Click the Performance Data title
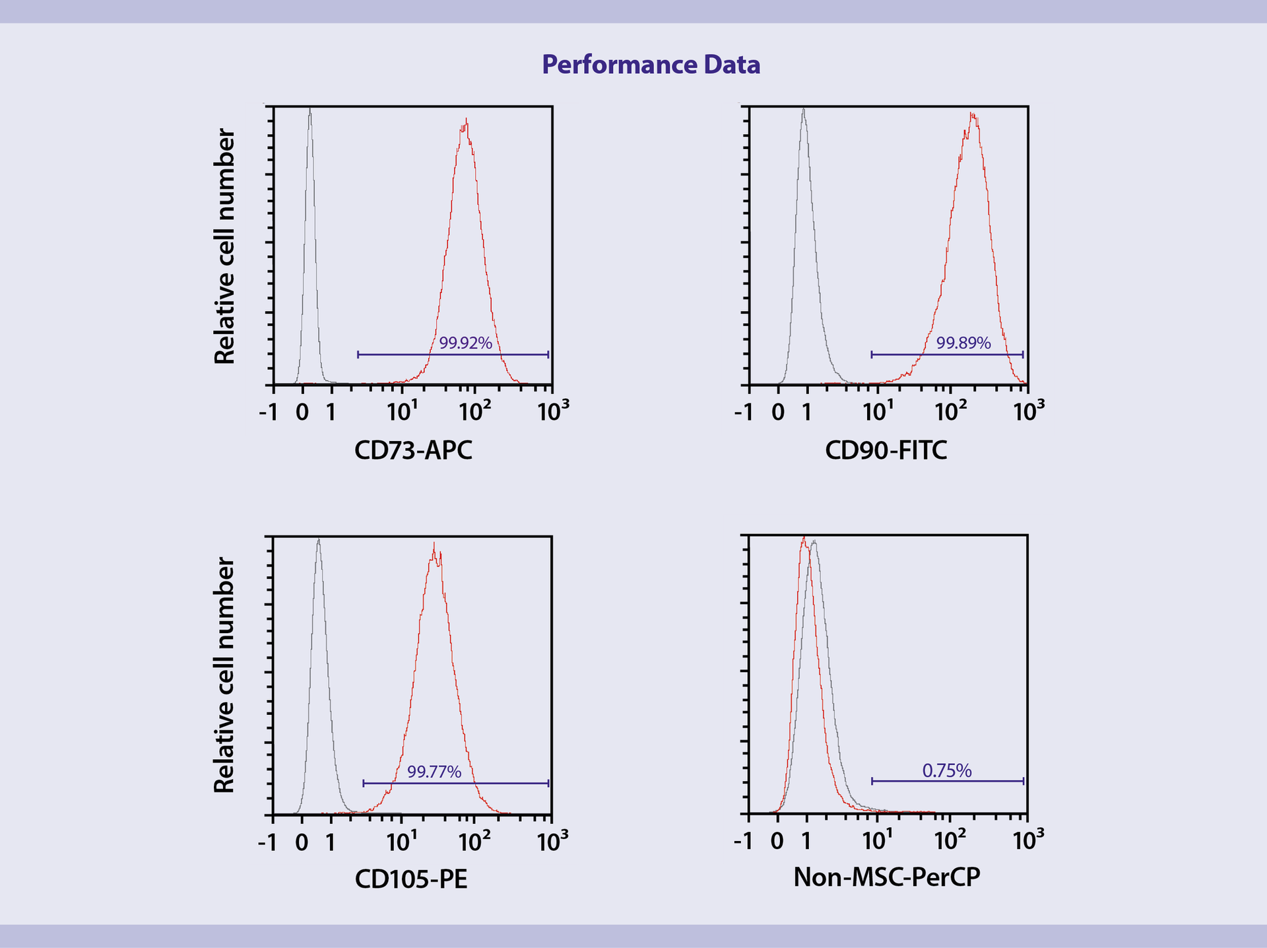click(x=651, y=65)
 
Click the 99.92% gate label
click(x=466, y=343)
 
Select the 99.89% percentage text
click(x=963, y=343)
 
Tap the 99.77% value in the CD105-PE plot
click(x=434, y=771)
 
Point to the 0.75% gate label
click(x=947, y=770)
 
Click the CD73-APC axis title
click(x=413, y=450)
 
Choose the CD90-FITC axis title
click(x=886, y=450)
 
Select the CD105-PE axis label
click(x=410, y=879)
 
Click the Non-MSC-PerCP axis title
click(x=886, y=877)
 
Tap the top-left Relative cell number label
click(x=225, y=246)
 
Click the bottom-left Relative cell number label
click(x=225, y=675)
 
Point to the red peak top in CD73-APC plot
click(x=466, y=120)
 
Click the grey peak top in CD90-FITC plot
click(x=803, y=110)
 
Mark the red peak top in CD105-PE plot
click(x=434, y=545)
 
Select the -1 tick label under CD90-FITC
click(x=743, y=412)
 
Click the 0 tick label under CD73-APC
click(x=302, y=412)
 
